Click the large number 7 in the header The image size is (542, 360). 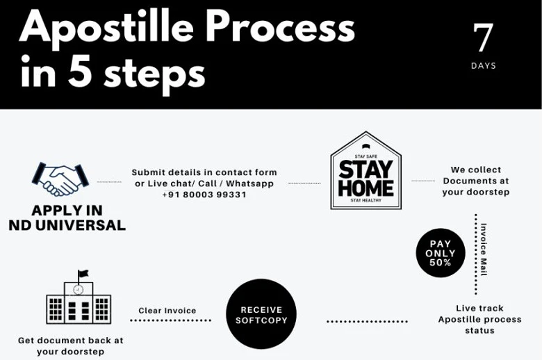483,38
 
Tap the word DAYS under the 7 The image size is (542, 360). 483,66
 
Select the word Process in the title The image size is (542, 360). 281,27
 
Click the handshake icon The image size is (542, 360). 60,179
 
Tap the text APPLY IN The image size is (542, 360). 67,211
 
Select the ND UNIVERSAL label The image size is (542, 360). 67,225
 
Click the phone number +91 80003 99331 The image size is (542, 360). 204,195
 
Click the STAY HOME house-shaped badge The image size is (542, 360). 366,170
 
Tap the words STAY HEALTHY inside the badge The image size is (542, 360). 366,200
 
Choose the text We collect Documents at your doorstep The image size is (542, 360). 476,181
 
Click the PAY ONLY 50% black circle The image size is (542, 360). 441,253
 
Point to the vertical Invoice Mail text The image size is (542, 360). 484,249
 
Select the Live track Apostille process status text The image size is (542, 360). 479,319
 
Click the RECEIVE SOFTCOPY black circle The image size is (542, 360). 261,314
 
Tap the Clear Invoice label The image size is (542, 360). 167,311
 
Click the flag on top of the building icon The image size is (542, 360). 83,274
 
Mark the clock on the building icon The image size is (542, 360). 79,289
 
